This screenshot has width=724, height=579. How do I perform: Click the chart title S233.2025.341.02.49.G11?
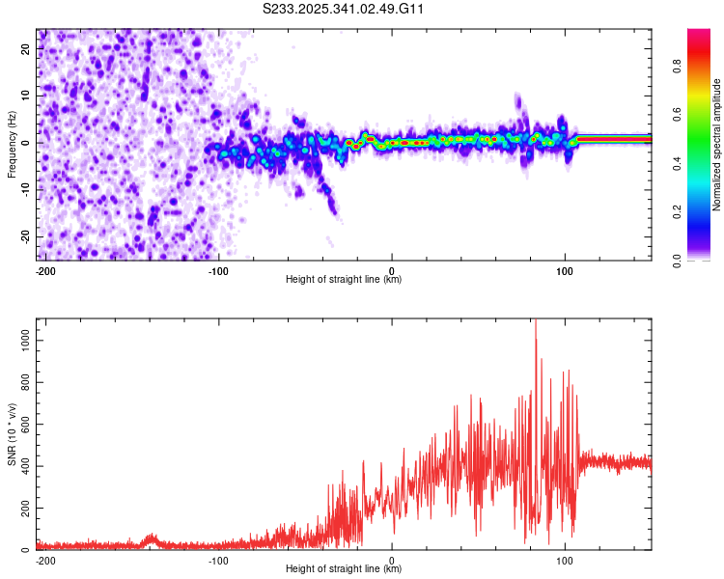tap(344, 10)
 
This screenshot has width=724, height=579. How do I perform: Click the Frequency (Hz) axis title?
tap(12, 145)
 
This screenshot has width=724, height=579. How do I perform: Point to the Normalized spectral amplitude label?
tap(717, 145)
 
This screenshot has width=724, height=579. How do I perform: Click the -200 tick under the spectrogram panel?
tap(44, 270)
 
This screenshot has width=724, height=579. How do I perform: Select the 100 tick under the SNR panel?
tap(565, 560)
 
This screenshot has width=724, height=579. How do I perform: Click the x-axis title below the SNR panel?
tap(344, 569)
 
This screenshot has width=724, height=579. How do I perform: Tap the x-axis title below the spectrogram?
tap(344, 280)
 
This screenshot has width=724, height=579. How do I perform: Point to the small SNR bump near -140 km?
tap(150, 538)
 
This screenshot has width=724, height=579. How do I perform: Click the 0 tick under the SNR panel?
tap(392, 560)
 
